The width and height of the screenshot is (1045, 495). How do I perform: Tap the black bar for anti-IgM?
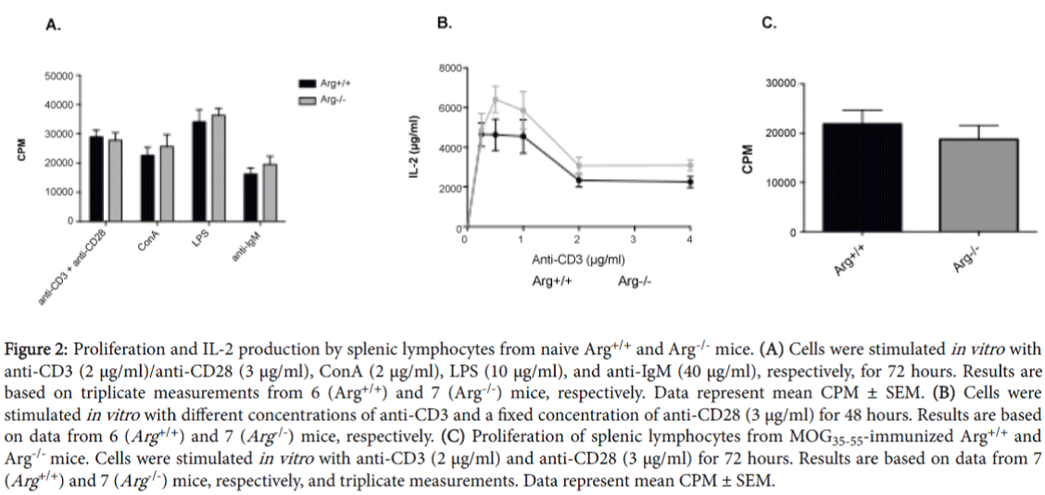click(251, 197)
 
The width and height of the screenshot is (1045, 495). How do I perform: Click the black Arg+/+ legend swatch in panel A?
click(304, 82)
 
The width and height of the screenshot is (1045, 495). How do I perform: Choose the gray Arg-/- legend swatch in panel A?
click(304, 98)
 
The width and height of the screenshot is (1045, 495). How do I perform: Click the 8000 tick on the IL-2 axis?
click(451, 68)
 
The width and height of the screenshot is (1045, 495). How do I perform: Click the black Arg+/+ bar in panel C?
click(862, 177)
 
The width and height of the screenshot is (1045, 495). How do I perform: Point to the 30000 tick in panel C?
click(776, 83)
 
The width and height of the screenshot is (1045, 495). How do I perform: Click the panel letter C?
click(767, 23)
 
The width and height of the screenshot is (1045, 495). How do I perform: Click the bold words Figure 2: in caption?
click(38, 348)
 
